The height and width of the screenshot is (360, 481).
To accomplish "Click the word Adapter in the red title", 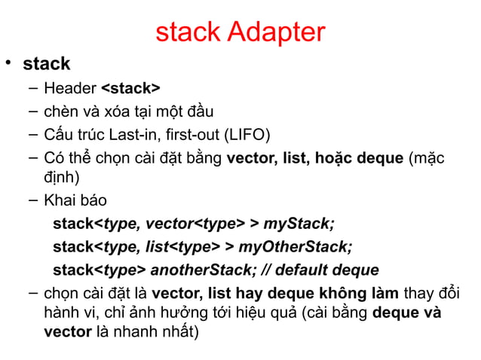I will [x=276, y=32].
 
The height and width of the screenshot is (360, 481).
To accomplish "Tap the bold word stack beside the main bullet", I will [x=47, y=64].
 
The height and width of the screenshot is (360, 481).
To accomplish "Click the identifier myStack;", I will [x=299, y=224].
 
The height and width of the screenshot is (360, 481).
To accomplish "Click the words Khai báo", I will [x=75, y=201].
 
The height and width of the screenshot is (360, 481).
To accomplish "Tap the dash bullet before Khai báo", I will [x=32, y=200].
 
